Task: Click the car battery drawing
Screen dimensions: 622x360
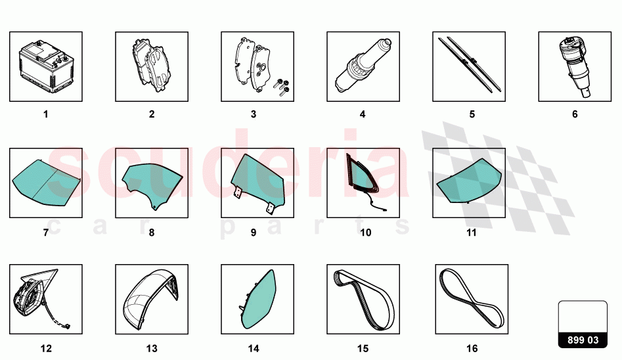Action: pyautogui.click(x=46, y=66)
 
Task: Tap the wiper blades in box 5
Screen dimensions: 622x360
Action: pyautogui.click(x=469, y=64)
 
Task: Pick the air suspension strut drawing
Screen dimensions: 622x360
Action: pyautogui.click(x=575, y=67)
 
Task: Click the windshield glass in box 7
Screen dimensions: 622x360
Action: pyautogui.click(x=46, y=183)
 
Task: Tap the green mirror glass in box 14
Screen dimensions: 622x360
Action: pyautogui.click(x=258, y=300)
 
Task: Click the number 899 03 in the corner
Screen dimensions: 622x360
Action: pyautogui.click(x=583, y=340)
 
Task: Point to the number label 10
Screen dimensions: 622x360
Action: pyautogui.click(x=365, y=232)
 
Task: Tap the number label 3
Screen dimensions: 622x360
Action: pyautogui.click(x=254, y=114)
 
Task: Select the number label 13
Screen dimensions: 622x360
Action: pyautogui.click(x=152, y=348)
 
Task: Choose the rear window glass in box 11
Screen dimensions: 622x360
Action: pyautogui.click(x=469, y=181)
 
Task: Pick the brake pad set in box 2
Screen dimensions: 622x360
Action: pyautogui.click(x=152, y=66)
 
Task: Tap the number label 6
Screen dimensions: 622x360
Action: pyautogui.click(x=575, y=114)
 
